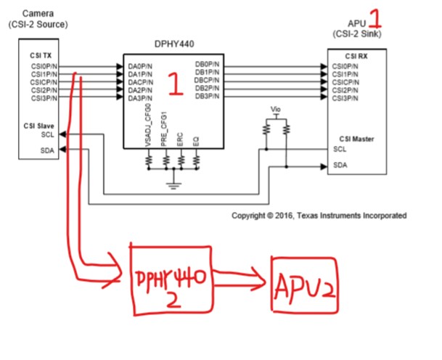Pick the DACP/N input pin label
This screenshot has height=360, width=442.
click(x=140, y=81)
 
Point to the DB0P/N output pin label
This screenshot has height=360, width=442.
click(x=208, y=66)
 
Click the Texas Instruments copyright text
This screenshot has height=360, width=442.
click(x=319, y=216)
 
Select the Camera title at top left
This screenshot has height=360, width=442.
click(x=38, y=14)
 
